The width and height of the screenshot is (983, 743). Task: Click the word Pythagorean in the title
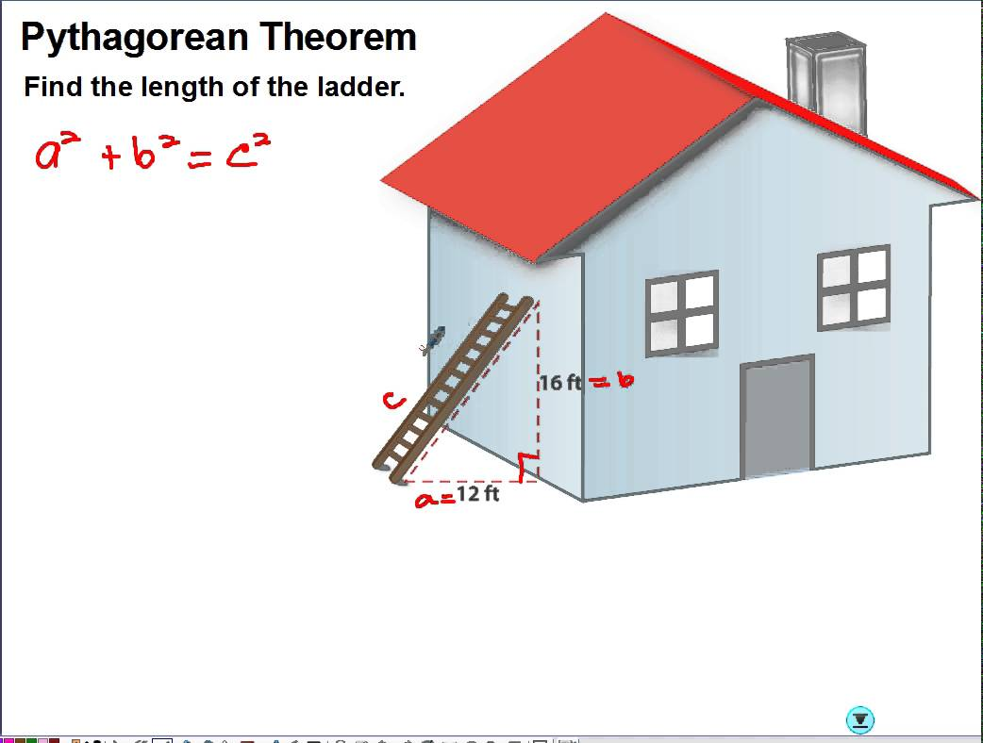(x=136, y=39)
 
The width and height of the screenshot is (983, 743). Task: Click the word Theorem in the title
(x=338, y=37)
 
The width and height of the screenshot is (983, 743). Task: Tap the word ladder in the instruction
(x=361, y=87)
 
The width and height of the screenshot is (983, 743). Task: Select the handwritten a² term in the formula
(x=58, y=152)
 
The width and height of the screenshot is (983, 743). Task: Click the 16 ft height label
(x=561, y=382)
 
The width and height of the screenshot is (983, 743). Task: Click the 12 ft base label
(x=477, y=494)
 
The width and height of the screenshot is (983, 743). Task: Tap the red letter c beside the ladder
(x=393, y=401)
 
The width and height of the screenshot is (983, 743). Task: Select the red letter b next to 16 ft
(x=625, y=379)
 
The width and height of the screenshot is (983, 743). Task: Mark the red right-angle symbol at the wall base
(x=528, y=467)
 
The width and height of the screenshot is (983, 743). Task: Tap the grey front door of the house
(x=777, y=417)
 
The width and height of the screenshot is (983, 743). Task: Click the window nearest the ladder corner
(x=682, y=313)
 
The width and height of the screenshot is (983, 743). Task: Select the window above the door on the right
(x=854, y=288)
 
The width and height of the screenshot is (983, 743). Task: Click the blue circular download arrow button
(x=860, y=719)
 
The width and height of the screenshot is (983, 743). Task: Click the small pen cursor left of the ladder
(x=433, y=339)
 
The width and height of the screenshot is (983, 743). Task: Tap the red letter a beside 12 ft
(x=426, y=500)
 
